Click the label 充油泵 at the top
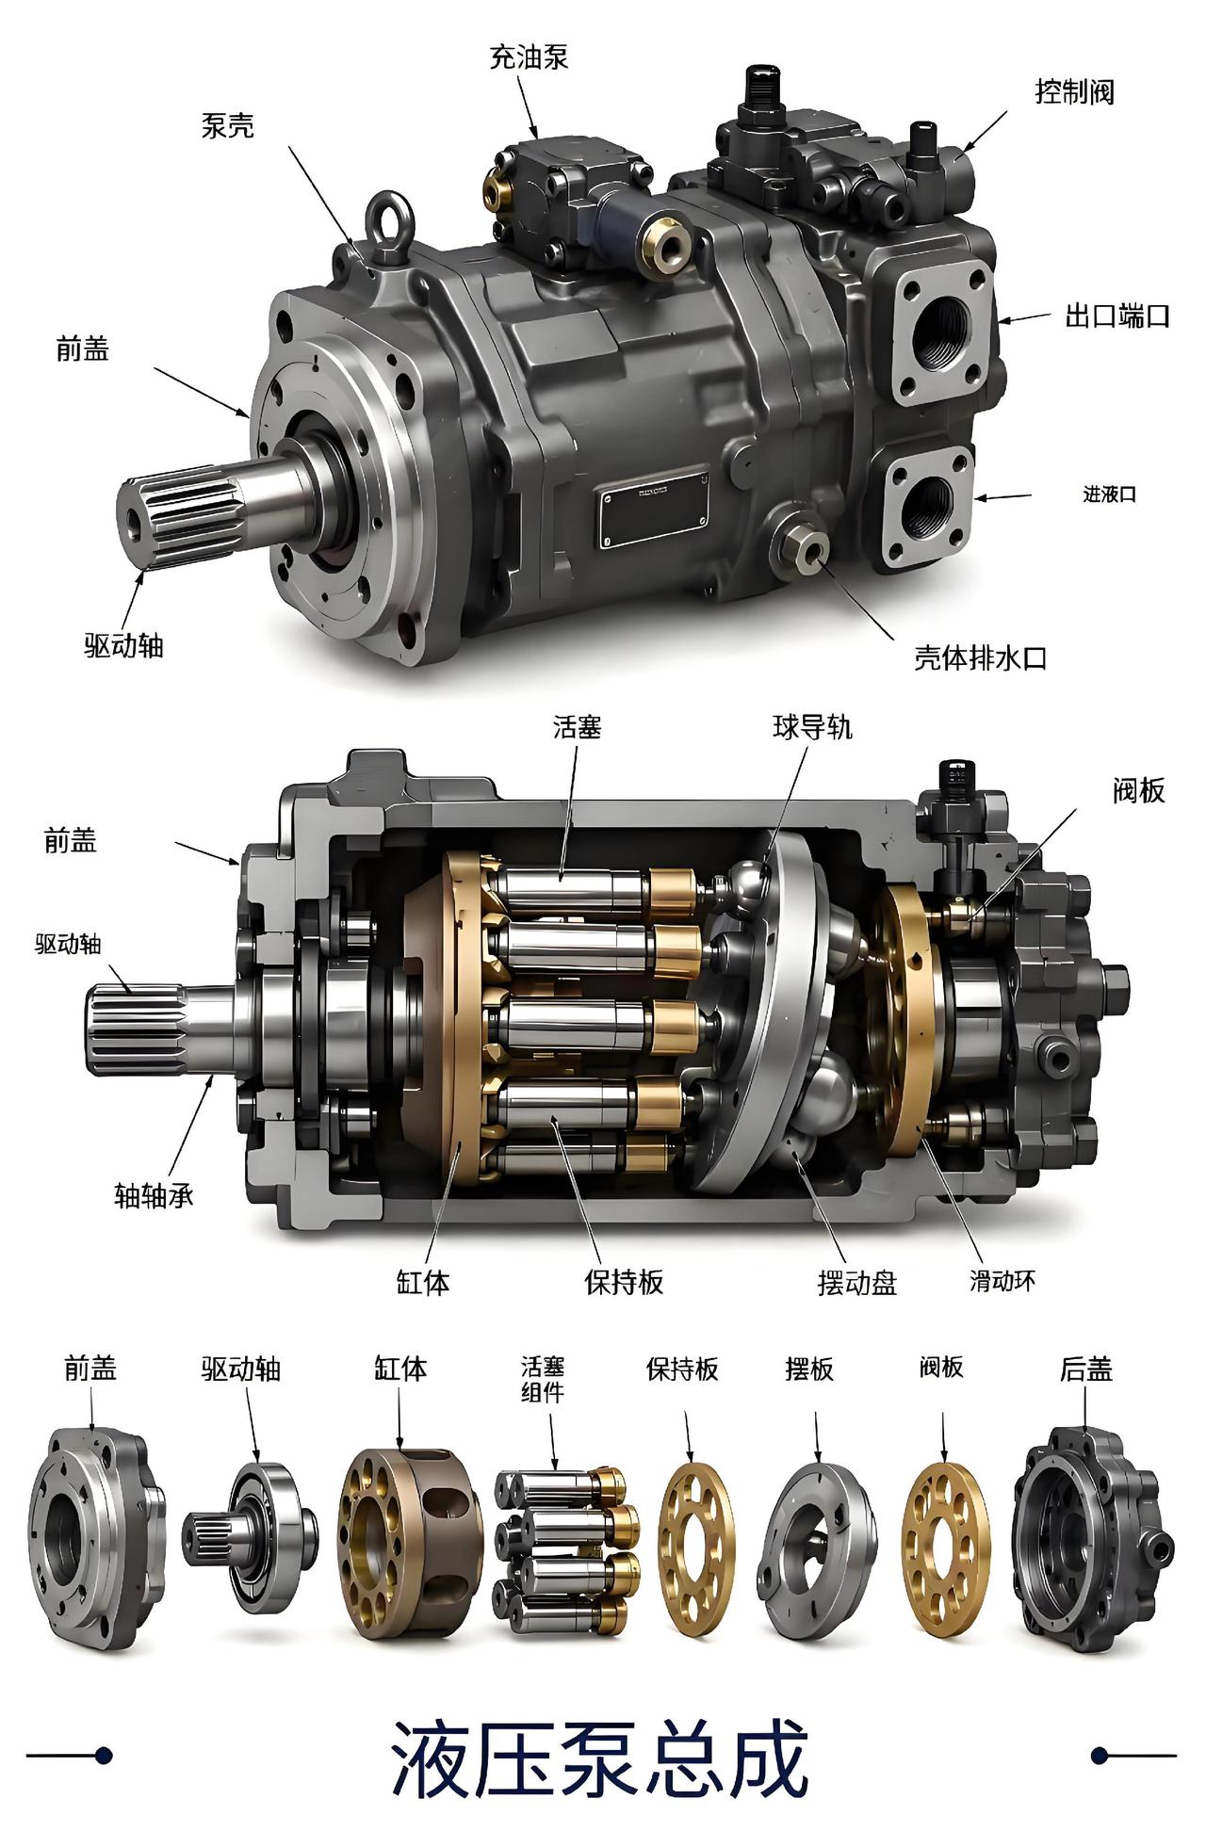point(529,57)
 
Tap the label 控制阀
point(1075,91)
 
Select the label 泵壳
point(228,125)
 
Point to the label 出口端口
point(1116,316)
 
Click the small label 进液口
point(1109,494)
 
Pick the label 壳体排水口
point(980,657)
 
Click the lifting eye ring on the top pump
point(388,219)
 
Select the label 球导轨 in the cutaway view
point(812,727)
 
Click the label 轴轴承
point(154,1196)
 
